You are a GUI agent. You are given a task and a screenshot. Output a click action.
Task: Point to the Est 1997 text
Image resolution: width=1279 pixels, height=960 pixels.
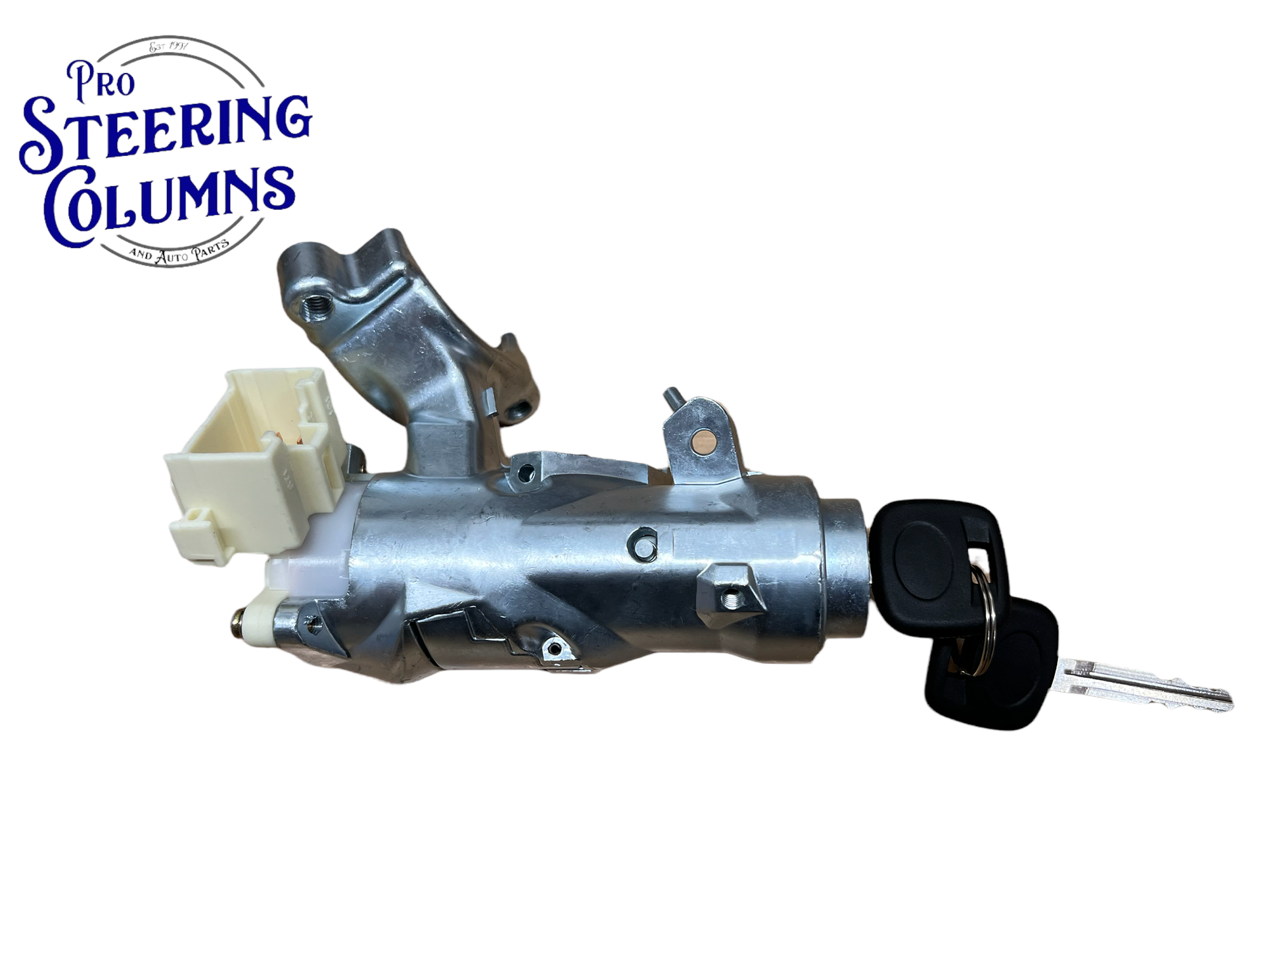[x=169, y=47]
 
